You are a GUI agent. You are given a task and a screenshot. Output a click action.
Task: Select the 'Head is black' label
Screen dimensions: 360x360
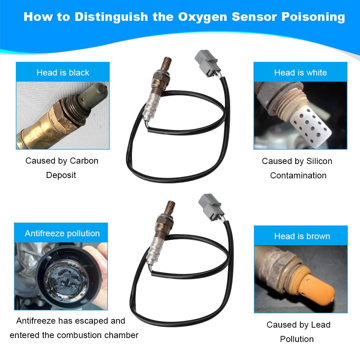(63, 73)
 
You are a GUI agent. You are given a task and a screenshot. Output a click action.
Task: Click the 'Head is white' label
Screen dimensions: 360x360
(300, 73)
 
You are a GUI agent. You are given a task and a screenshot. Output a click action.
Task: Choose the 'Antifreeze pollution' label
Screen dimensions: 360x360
(62, 233)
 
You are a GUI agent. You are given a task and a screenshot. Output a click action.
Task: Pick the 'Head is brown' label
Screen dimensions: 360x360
(302, 236)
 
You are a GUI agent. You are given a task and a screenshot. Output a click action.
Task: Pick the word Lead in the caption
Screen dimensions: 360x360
(320, 325)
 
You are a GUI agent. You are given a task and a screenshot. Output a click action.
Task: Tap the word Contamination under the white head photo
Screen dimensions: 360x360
(298, 176)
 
